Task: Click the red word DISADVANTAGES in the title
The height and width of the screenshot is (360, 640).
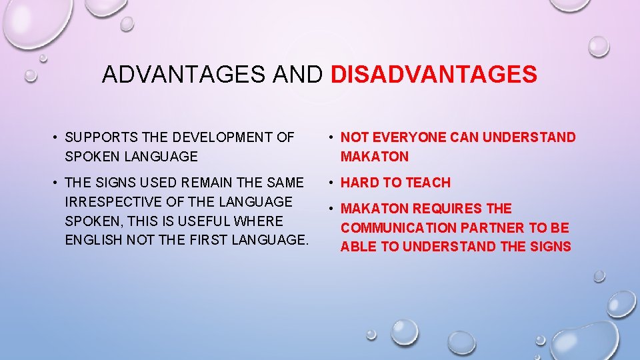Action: (x=434, y=75)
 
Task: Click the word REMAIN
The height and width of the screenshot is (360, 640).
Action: (x=203, y=182)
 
